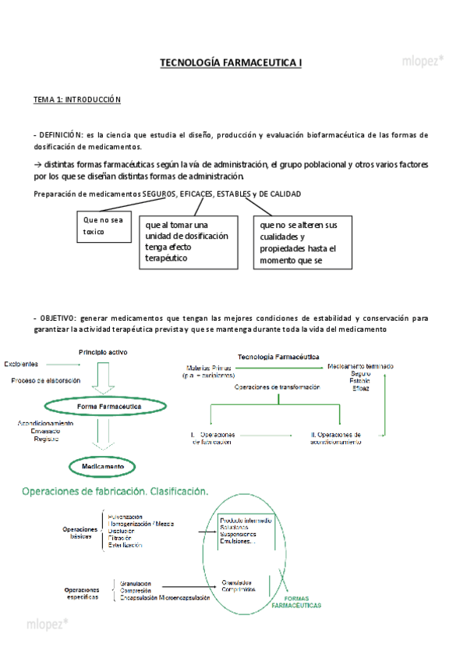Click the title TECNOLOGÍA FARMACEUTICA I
coord(230,62)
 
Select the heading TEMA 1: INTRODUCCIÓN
coord(76,100)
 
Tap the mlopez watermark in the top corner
coord(423,59)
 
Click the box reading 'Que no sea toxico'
coord(104,226)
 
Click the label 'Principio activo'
coord(103,353)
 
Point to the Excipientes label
coord(23,364)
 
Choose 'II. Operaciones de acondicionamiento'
coord(335,438)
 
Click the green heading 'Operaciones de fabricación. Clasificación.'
coord(115,492)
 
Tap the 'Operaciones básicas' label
coord(80,533)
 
